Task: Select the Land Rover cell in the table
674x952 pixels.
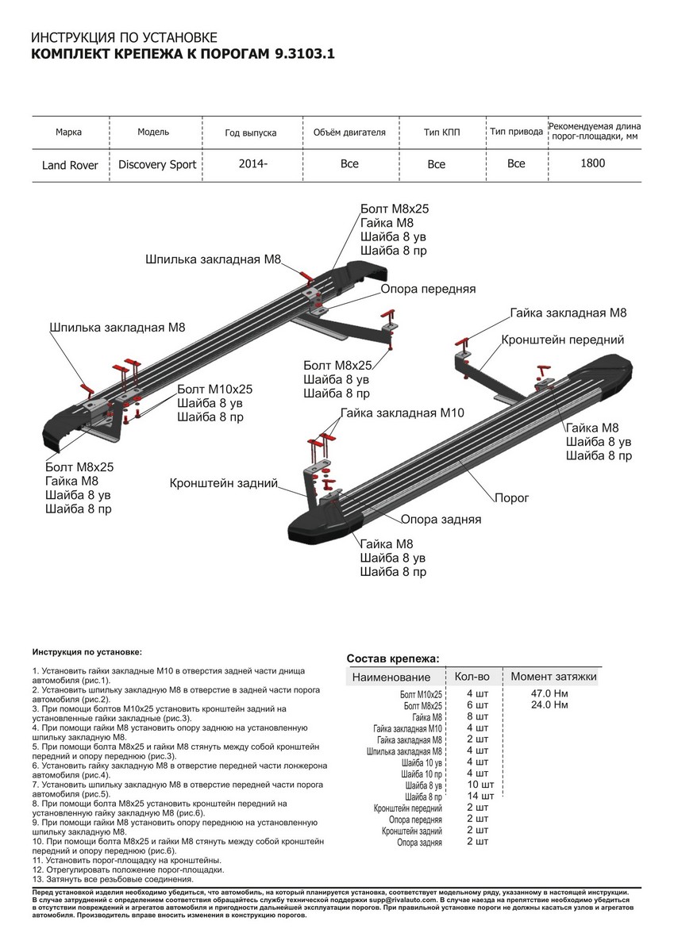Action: click(x=70, y=165)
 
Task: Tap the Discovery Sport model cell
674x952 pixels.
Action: click(x=157, y=165)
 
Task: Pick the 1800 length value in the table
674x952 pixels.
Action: click(x=592, y=163)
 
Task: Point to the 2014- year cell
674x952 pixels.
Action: click(x=252, y=163)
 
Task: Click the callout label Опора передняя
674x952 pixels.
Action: click(x=428, y=289)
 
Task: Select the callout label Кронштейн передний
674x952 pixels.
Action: click(x=562, y=340)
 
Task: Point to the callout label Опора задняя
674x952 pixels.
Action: click(x=441, y=520)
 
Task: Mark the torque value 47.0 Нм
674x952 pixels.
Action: click(x=549, y=693)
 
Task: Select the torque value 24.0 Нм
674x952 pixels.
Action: click(x=549, y=704)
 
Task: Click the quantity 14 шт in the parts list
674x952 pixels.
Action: click(x=480, y=796)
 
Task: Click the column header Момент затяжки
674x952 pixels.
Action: click(x=553, y=677)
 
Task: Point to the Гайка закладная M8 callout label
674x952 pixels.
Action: click(x=568, y=313)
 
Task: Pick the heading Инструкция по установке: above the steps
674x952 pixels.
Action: click(x=87, y=651)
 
